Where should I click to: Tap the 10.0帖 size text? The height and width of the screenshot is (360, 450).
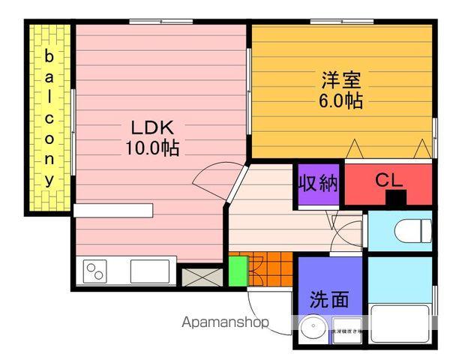pos(152,148)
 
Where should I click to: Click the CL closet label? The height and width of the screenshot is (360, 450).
pos(388,181)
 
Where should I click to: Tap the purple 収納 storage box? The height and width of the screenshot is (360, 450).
pos(319,184)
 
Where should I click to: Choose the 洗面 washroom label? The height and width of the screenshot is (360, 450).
pos(330,299)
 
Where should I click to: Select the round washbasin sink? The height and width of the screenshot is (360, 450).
pos(313,328)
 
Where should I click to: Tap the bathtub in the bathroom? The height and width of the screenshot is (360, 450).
pos(400,322)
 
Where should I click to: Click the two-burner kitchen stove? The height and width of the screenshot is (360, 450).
pos(95,271)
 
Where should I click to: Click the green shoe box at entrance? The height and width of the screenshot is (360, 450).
pos(237,271)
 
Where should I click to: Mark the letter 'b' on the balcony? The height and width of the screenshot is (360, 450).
pos(49,56)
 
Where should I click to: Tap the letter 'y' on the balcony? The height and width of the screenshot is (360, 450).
pos(49,180)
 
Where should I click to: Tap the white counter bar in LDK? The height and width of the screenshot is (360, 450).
pos(113,210)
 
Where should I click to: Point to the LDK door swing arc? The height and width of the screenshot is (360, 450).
pos(210,176)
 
